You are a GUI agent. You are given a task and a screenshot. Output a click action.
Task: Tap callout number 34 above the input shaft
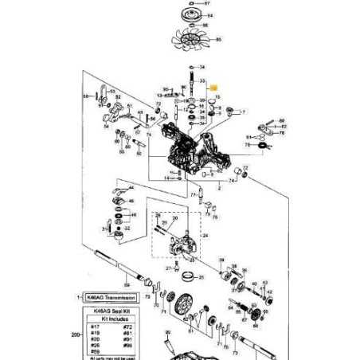pyautogui.click(x=203, y=67)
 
